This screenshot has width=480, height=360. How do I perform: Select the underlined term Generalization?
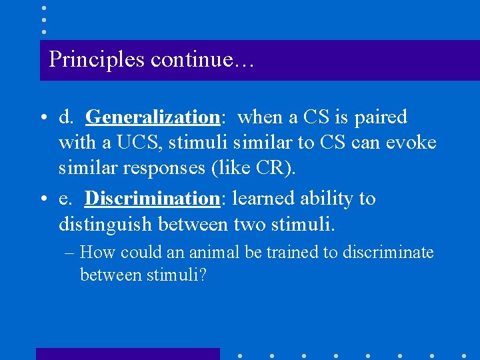coord(153,117)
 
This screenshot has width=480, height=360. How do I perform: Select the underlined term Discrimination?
coord(152,199)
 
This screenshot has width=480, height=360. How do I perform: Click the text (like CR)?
coord(253,169)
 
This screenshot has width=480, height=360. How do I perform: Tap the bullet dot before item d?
coord(42,118)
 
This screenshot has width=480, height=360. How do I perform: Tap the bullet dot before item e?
coord(42,199)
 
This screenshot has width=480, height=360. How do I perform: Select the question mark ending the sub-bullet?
coord(203,274)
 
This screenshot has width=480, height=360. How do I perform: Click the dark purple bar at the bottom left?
coord(127,354)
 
